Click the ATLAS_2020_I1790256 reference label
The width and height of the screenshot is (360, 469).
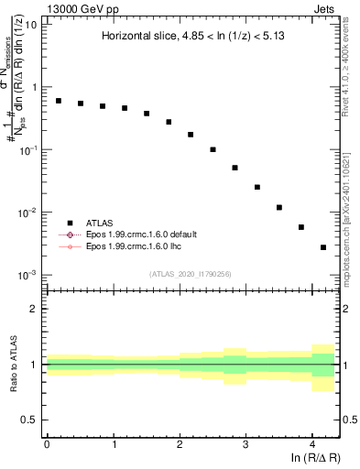(191, 274)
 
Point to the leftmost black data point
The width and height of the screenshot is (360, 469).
(59, 101)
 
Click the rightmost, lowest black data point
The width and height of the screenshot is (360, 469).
(323, 247)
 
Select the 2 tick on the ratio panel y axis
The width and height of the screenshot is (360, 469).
(34, 309)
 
